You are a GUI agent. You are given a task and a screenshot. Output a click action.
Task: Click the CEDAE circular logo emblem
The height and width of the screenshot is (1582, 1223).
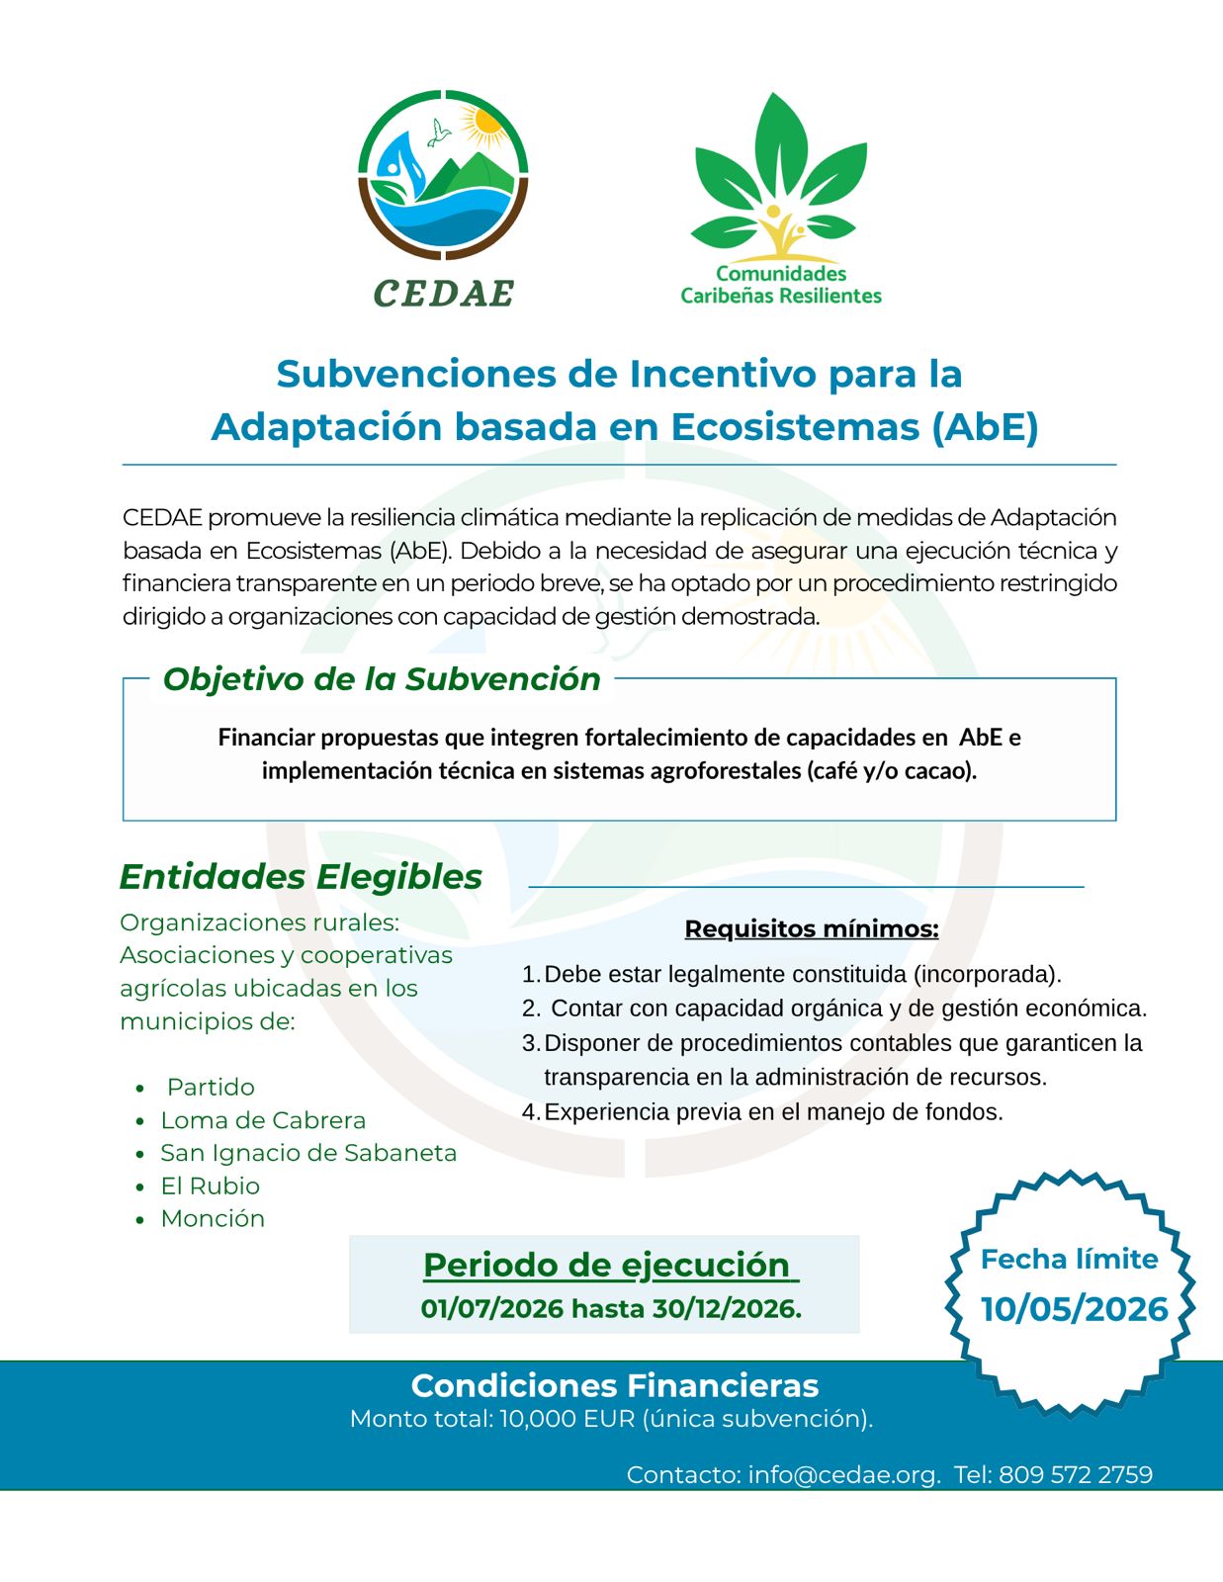(443, 175)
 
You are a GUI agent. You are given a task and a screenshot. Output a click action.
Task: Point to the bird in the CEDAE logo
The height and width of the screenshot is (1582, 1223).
(437, 132)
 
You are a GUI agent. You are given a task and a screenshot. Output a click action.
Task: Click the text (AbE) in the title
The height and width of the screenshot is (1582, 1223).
(985, 426)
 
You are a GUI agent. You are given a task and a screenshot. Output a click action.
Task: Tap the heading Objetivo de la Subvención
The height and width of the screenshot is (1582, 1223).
(382, 679)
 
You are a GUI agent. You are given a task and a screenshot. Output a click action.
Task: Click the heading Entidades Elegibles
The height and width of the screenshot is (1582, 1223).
(301, 876)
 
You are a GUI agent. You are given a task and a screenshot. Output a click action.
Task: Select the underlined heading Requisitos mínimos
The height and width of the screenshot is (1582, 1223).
(811, 928)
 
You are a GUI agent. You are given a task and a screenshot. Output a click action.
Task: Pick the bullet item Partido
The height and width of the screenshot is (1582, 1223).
(211, 1087)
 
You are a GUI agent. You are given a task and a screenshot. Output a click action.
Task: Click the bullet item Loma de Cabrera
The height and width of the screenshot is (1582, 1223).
(263, 1120)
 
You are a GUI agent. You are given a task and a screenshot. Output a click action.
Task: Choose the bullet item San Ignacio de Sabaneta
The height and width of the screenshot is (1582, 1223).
(308, 1153)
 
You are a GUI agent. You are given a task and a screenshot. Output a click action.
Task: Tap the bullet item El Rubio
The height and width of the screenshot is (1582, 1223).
(211, 1186)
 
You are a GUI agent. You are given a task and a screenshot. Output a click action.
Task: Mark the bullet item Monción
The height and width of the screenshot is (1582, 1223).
(213, 1218)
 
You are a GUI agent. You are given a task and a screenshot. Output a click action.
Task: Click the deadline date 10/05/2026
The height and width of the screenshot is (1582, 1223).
(1074, 1308)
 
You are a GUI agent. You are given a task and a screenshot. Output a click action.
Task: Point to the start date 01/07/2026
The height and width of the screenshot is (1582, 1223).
(492, 1308)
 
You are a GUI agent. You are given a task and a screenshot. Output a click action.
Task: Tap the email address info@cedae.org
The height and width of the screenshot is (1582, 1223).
(843, 1474)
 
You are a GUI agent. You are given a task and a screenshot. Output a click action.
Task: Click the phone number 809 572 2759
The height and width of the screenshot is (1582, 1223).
(1076, 1474)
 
